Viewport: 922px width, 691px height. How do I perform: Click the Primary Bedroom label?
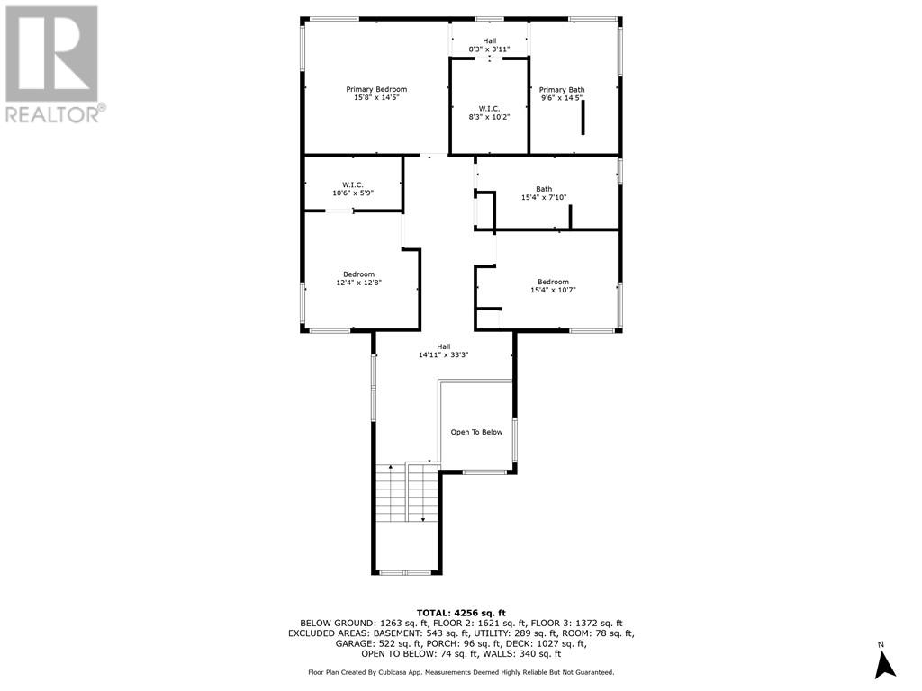pos(376,89)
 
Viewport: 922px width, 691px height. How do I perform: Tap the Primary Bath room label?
pos(562,89)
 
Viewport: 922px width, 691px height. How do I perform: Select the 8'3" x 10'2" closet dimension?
pos(489,117)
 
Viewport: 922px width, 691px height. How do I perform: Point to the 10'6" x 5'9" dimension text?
pos(352,193)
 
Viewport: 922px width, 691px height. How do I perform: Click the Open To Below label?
pos(476,432)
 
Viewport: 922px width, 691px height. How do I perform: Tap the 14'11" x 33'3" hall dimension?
pos(444,354)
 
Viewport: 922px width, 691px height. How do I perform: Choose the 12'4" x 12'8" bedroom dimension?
pos(358,283)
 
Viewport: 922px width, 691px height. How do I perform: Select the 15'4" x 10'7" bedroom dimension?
pos(553,290)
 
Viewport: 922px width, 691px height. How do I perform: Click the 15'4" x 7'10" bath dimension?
pos(544,197)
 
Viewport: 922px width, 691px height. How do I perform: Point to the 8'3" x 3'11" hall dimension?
pos(489,49)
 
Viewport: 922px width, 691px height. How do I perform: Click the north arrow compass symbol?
pos(885,664)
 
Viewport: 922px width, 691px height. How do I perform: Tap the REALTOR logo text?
pos(54,114)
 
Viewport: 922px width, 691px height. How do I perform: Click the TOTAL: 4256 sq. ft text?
pos(461,612)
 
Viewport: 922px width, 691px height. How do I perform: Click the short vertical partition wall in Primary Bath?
pos(583,118)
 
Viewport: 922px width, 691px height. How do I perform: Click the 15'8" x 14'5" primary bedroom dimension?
pos(376,97)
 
